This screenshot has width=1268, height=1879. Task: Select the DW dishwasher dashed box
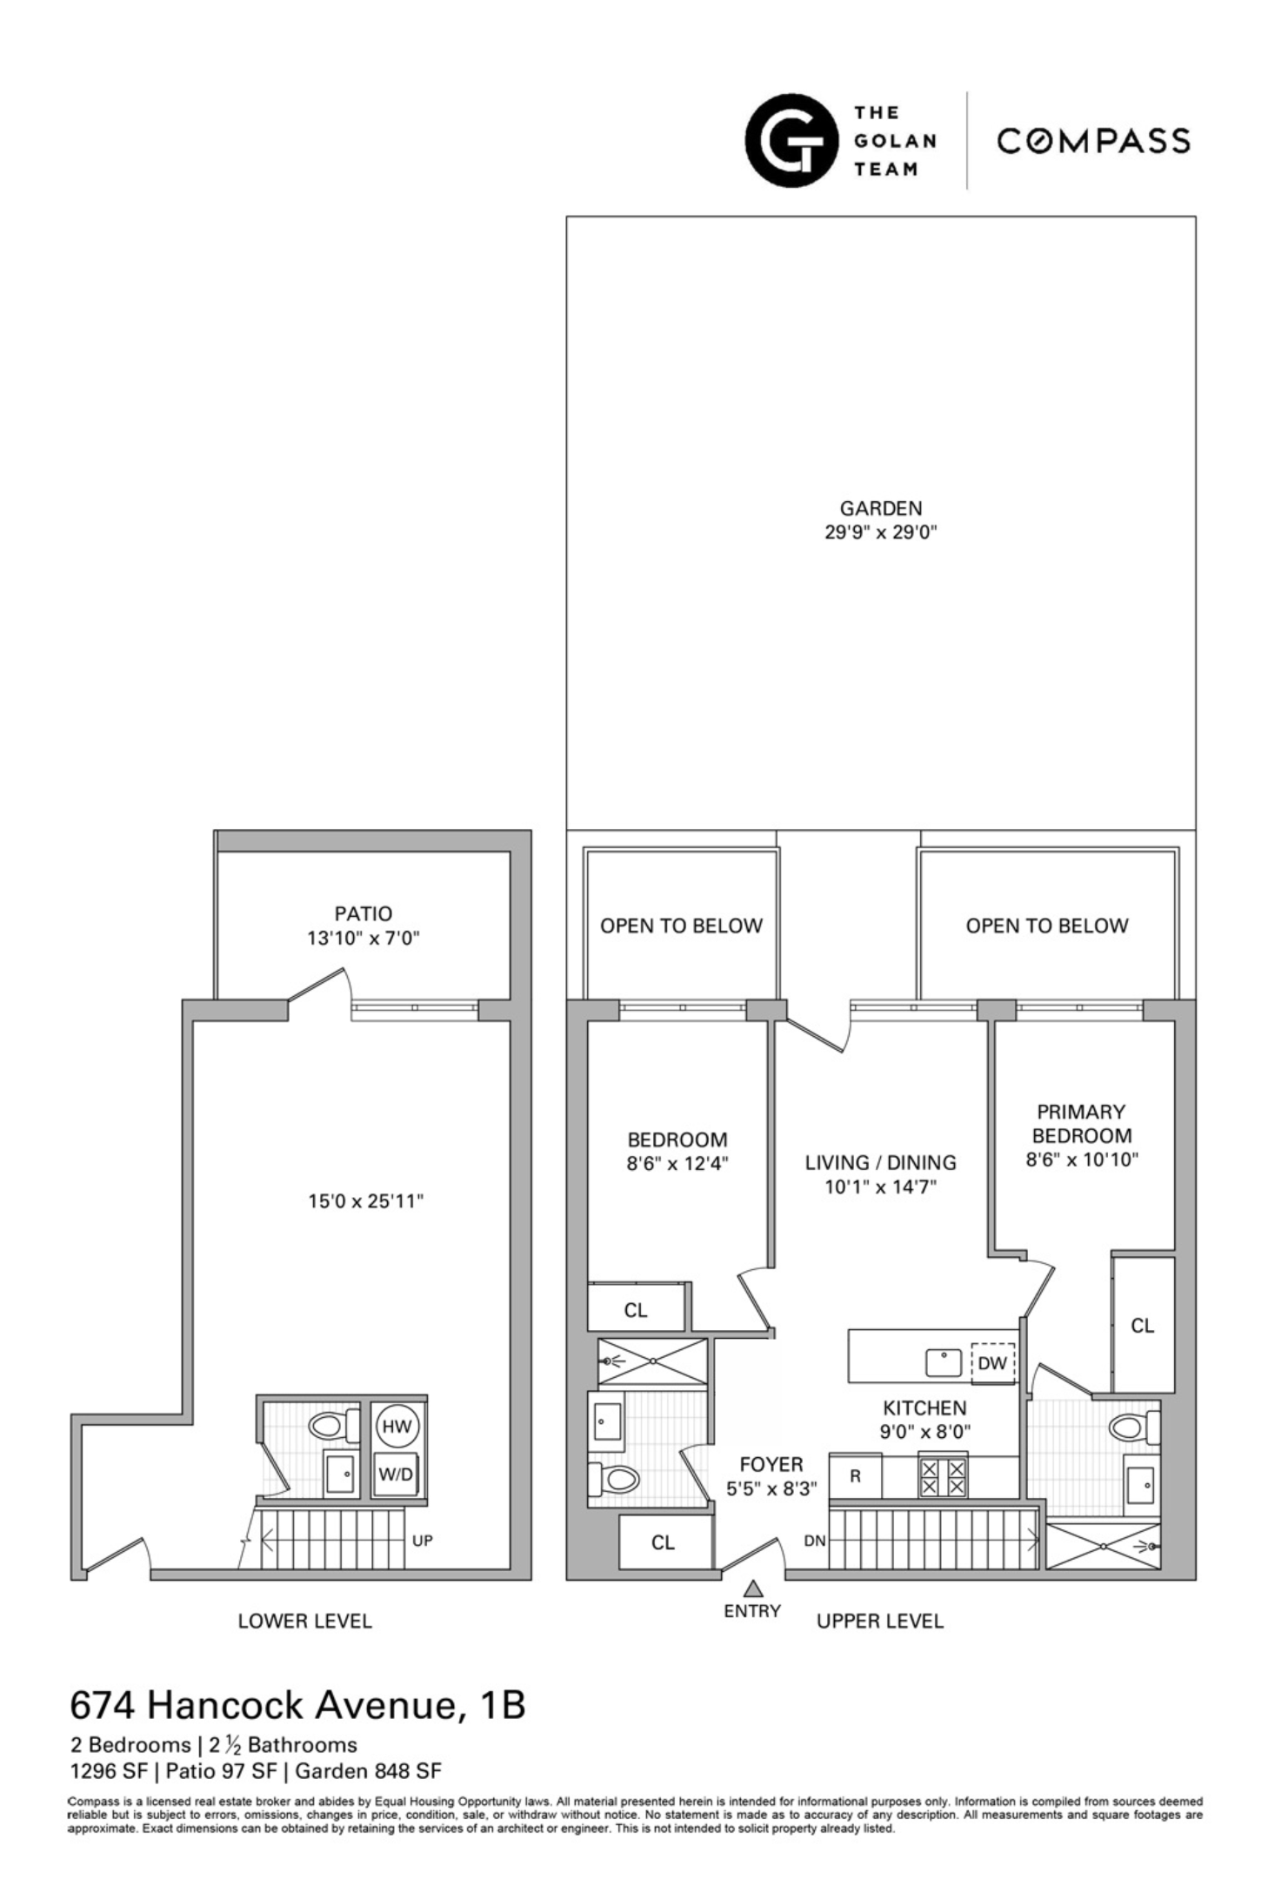(x=991, y=1363)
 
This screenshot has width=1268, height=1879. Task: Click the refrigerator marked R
(x=855, y=1476)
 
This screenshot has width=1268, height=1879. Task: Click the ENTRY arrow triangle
(x=753, y=1588)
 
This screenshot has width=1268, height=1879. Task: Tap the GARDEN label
(x=880, y=508)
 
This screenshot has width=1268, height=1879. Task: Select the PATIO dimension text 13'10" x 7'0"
(x=364, y=938)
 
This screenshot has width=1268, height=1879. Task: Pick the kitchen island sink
(x=943, y=1362)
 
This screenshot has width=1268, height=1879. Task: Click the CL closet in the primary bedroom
(x=1142, y=1326)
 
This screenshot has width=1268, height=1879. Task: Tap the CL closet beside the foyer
(x=663, y=1542)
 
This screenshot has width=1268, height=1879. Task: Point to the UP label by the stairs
(x=422, y=1541)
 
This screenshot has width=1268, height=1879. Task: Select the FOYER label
(x=771, y=1464)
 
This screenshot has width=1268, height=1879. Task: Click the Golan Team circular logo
(x=791, y=141)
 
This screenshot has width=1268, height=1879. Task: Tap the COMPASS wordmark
(x=1093, y=141)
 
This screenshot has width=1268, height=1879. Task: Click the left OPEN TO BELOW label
(x=681, y=926)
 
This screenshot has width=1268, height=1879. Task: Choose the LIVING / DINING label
(x=880, y=1162)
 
